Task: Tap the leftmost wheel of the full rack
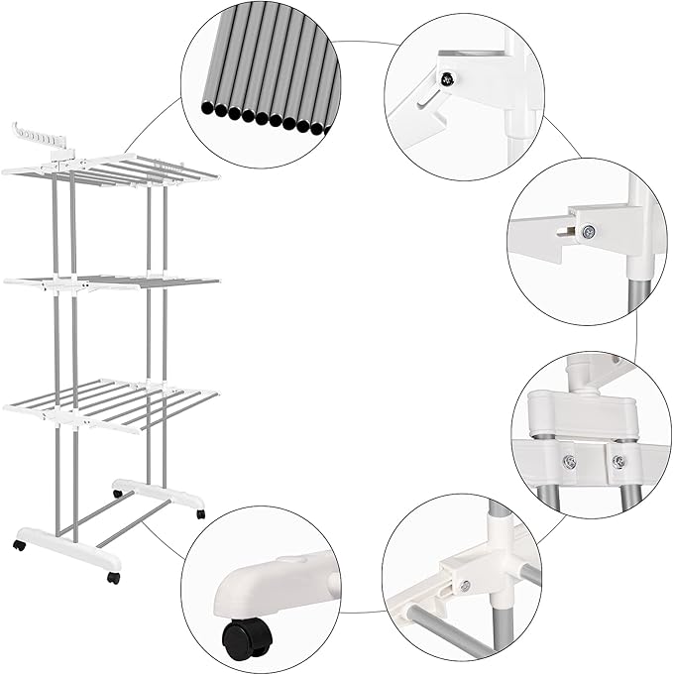click(x=19, y=545)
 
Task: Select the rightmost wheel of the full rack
click(x=200, y=514)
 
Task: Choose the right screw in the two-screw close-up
click(x=619, y=461)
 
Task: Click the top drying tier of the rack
click(x=119, y=169)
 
